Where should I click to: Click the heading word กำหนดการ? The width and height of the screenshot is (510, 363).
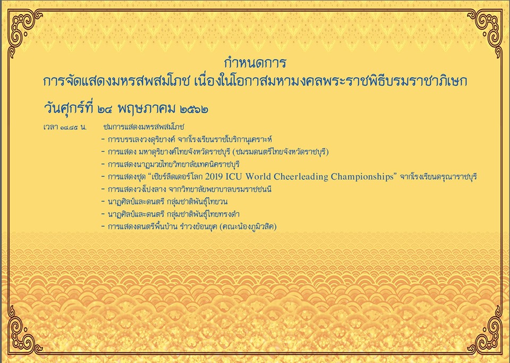click(255, 62)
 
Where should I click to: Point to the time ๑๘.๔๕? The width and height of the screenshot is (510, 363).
click(69, 127)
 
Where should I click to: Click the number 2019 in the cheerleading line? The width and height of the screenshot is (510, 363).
click(214, 176)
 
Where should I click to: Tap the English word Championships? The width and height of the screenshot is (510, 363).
click(362, 176)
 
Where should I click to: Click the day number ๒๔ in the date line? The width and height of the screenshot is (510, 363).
click(105, 109)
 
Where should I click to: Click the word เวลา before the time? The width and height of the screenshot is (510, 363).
click(50, 127)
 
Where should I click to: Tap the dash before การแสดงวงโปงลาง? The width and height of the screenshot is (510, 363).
click(103, 190)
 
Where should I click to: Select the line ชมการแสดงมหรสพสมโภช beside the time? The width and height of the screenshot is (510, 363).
click(143, 126)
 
